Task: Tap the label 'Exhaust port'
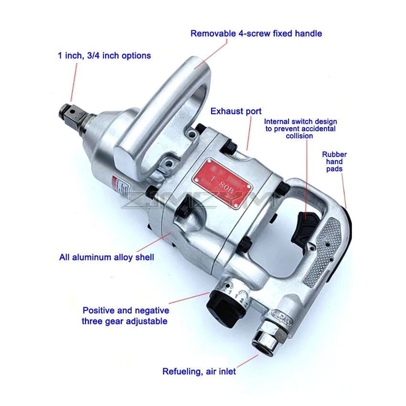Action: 236,111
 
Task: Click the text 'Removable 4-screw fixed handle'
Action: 256,33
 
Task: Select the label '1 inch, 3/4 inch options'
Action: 104,56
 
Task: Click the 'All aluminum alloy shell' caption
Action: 107,257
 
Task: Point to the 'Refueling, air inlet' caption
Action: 199,371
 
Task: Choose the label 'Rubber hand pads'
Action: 334,161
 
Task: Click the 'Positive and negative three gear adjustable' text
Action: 125,315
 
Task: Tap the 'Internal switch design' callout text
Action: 300,128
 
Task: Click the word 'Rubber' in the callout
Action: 334,154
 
